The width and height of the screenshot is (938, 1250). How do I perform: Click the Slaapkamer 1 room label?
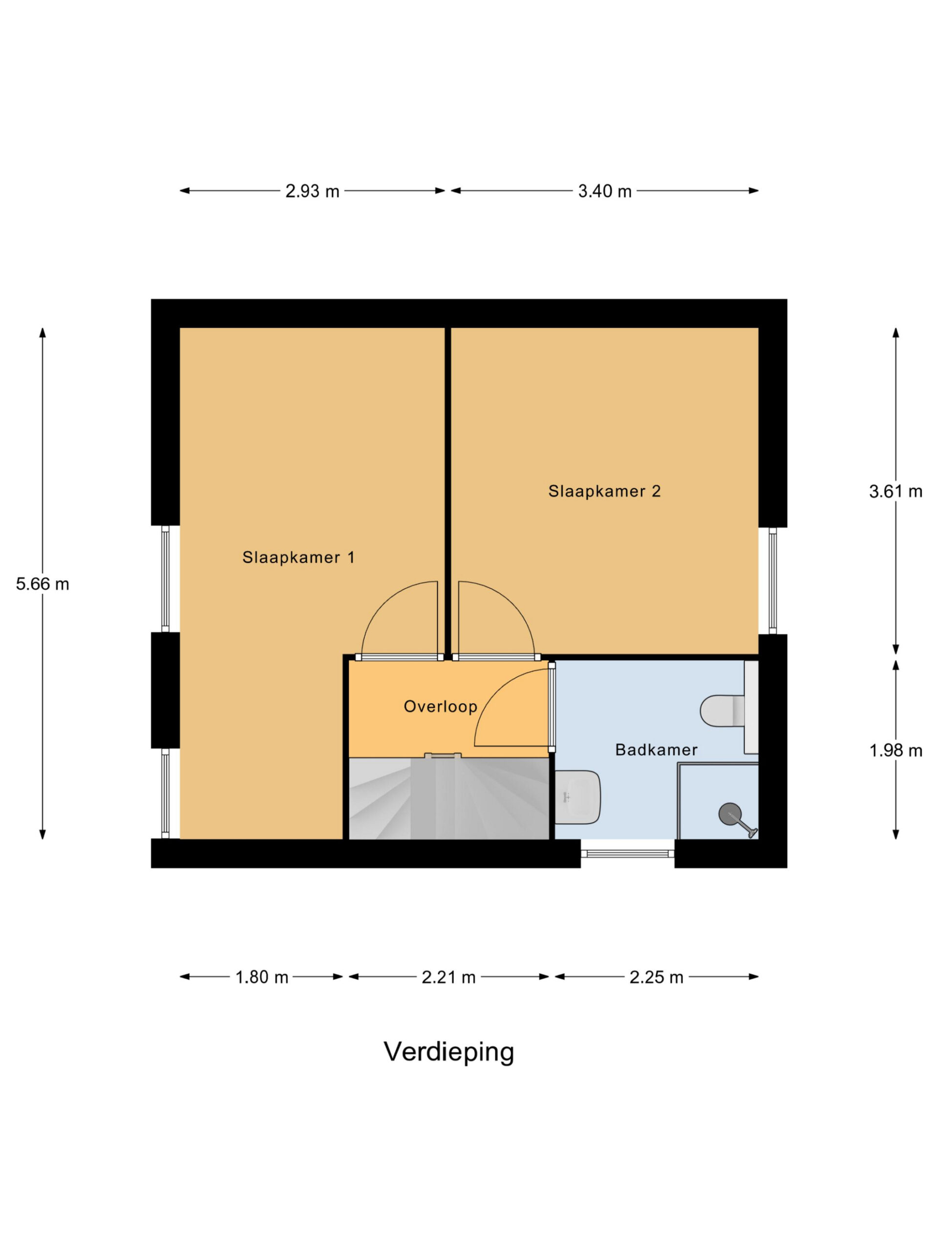pyautogui.click(x=298, y=558)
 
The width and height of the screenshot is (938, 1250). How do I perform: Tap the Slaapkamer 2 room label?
pyautogui.click(x=604, y=491)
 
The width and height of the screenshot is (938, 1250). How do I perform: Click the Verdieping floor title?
pyautogui.click(x=449, y=1052)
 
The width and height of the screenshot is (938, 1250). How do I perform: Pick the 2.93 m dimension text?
pyautogui.click(x=312, y=191)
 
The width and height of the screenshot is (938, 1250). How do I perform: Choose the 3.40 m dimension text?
pyautogui.click(x=604, y=191)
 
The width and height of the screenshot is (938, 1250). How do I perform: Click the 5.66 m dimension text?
pyautogui.click(x=43, y=584)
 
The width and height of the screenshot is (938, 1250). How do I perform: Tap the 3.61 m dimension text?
pyautogui.click(x=895, y=492)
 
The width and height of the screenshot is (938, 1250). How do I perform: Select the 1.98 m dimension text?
pyautogui.click(x=895, y=750)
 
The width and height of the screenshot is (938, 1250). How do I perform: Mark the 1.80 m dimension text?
pyautogui.click(x=262, y=977)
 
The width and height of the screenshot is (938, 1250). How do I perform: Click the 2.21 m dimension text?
pyautogui.click(x=448, y=977)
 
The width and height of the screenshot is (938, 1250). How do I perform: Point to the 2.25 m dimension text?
pyautogui.click(x=657, y=977)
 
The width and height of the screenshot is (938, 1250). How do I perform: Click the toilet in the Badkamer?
pyautogui.click(x=723, y=710)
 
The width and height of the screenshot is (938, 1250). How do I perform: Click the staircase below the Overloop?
pyautogui.click(x=448, y=798)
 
